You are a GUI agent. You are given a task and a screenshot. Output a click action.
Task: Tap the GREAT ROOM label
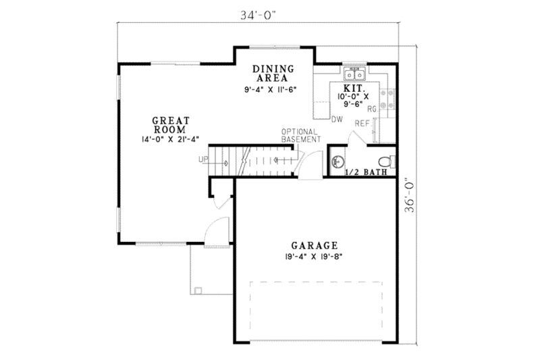pyautogui.click(x=171, y=125)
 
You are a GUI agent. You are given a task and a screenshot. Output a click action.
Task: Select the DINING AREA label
pyautogui.click(x=273, y=73)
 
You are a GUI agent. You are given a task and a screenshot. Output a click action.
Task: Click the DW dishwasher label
pyautogui.click(x=337, y=120)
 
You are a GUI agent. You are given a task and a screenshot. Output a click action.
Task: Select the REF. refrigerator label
pyautogui.click(x=362, y=124)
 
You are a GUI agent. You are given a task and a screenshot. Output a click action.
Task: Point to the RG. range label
pyautogui.click(x=372, y=108)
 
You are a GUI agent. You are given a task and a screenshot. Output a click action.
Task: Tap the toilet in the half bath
pyautogui.click(x=385, y=161)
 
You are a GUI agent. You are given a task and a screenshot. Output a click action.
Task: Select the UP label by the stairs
pyautogui.click(x=202, y=159)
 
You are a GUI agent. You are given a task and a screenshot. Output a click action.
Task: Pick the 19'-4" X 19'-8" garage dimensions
pyautogui.click(x=315, y=257)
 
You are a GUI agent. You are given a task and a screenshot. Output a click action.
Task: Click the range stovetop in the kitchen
pyautogui.click(x=388, y=100)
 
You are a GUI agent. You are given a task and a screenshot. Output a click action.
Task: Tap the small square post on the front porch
pyautogui.click(x=198, y=290)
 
